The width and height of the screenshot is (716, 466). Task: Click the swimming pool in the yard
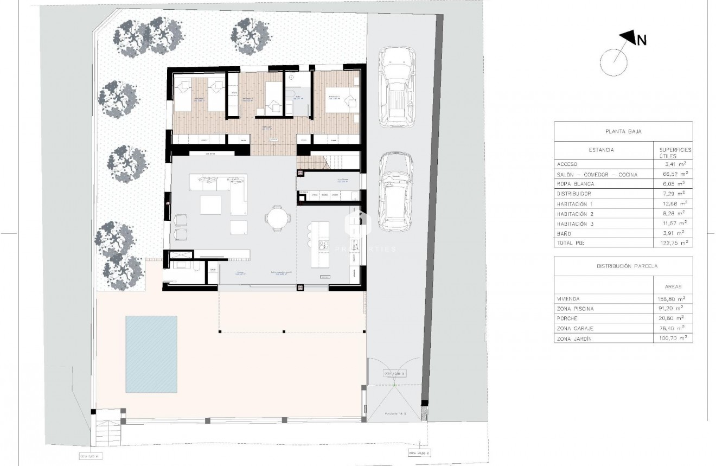[151, 354]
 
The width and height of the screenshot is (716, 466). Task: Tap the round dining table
[277, 219]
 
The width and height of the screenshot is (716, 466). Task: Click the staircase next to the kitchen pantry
[329, 161]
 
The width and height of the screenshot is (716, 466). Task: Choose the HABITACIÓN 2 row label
[579, 214]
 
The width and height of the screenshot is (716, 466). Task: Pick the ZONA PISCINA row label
[575, 309]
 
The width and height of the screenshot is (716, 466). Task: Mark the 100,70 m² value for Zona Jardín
[672, 338]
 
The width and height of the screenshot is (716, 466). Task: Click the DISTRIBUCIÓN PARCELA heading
[623, 266]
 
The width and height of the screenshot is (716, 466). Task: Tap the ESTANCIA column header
[601, 150]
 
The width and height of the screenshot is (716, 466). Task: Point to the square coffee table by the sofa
[211, 205]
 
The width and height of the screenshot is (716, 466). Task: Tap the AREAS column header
[672, 286]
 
